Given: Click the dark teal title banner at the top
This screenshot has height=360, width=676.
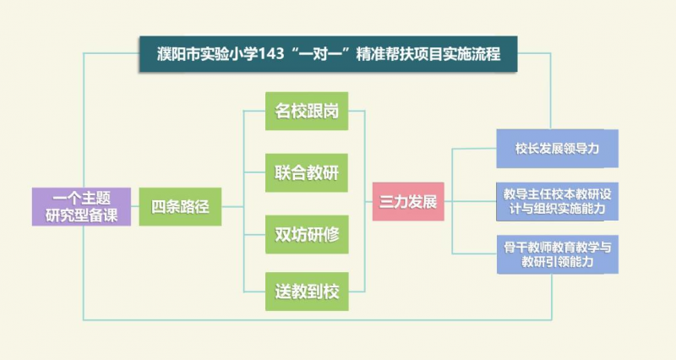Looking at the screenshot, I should pos(327,54).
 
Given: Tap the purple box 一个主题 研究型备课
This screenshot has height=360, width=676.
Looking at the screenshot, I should pos(82,205).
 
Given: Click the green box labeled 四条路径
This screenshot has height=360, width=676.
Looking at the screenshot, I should pos(180,205).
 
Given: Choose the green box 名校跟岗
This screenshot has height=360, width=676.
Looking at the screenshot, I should pos(307,110).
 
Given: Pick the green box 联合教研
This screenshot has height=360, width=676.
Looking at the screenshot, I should pos(307,172).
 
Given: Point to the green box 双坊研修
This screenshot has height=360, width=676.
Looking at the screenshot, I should pos(307,232).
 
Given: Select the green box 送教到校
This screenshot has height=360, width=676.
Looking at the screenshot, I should pos(307,292).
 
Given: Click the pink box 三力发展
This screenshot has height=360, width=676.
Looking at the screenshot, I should pos(408,202).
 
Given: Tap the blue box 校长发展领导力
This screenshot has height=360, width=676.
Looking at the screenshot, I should pos(557,148).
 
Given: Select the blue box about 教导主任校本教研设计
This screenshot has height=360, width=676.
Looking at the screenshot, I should pos(557,200).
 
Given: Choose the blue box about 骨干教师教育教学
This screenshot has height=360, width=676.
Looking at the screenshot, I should pos(557,254).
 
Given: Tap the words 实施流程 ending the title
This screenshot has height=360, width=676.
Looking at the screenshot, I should pos(472,55).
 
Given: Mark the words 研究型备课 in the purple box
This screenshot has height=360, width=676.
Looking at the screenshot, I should pos(82,214).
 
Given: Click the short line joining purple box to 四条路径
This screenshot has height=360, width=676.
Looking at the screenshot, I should pos(134,206).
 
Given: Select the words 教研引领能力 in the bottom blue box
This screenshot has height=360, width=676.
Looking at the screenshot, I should pos(557,263).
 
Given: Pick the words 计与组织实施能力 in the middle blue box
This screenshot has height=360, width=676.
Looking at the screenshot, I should pos(557,208).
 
